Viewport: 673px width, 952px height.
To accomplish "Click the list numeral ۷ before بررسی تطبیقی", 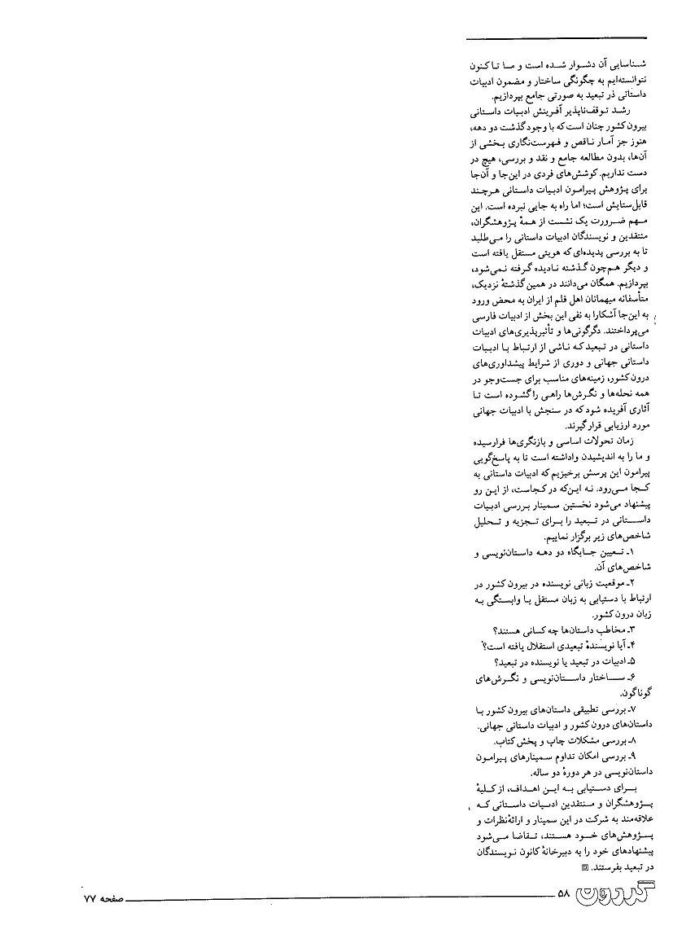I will pyautogui.click(x=639, y=710).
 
